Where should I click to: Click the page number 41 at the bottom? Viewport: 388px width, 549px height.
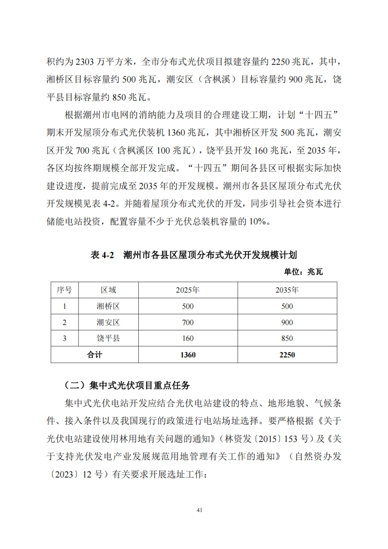tap(199, 510)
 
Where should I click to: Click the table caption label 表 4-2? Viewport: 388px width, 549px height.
tap(102, 255)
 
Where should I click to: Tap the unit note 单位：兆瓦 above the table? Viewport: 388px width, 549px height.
tap(303, 272)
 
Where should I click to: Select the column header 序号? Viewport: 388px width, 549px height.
tap(65, 290)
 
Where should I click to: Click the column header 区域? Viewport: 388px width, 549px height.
tap(108, 290)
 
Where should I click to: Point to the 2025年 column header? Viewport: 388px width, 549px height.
tap(188, 290)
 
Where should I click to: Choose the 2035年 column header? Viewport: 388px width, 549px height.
tap(287, 290)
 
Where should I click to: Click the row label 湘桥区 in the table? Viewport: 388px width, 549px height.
tap(108, 306)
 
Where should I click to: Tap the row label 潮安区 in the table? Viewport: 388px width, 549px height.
tap(108, 322)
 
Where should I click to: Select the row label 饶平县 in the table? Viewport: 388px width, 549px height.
tap(108, 338)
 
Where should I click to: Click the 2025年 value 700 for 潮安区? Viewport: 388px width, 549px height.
tap(188, 322)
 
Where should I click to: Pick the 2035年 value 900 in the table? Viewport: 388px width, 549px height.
tap(287, 322)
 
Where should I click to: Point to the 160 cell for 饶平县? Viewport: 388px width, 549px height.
tap(188, 338)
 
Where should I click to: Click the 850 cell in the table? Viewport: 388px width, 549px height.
tap(287, 338)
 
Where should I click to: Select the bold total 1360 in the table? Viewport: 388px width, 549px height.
tap(188, 355)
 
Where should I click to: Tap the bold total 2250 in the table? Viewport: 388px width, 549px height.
tap(287, 355)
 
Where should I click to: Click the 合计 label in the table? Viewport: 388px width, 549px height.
tap(94, 355)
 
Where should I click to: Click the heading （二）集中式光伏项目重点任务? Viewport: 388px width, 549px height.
tap(127, 386)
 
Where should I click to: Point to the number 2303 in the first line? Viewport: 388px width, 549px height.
tap(85, 62)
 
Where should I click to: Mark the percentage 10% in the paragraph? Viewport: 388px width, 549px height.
tap(257, 221)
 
